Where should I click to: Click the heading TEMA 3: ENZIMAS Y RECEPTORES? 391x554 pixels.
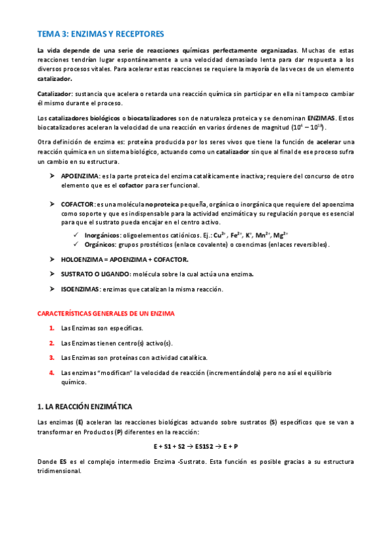(101, 33)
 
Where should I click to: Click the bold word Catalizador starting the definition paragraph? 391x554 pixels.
(54, 95)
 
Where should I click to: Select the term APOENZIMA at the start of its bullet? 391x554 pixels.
(80, 176)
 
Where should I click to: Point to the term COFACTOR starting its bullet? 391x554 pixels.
(78, 204)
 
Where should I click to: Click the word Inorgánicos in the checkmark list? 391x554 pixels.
(103, 235)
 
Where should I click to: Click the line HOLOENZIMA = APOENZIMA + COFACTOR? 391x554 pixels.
(125, 259)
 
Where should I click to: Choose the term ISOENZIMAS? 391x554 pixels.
(80, 289)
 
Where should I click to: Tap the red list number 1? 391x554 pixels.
(51, 328)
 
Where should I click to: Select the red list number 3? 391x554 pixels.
(51, 357)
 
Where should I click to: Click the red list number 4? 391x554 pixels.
(51, 372)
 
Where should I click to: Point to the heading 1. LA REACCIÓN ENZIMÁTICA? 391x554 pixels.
(89, 406)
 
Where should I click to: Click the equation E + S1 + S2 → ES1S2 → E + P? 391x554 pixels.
(195, 447)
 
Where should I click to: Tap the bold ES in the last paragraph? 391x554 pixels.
(63, 461)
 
